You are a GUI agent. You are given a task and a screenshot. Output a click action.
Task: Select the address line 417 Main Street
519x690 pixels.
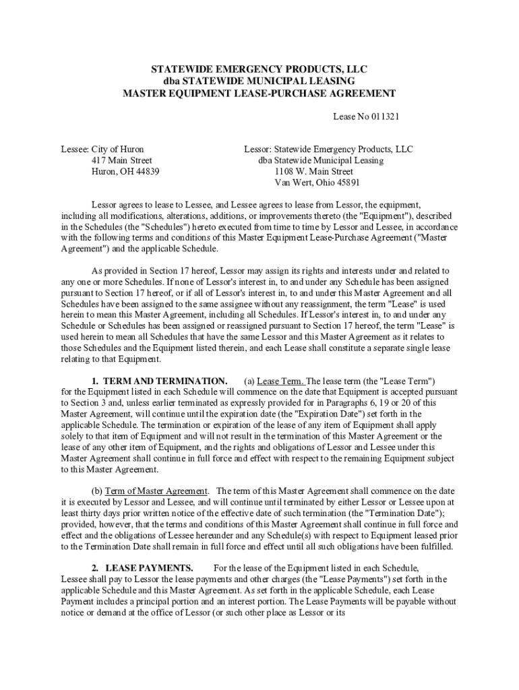(122, 160)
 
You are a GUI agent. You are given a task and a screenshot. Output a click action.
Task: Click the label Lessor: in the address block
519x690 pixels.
(257, 149)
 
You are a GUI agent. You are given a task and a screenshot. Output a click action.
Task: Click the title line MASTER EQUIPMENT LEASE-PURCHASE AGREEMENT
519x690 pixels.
(259, 93)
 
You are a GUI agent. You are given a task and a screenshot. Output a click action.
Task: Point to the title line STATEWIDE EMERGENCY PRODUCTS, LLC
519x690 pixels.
(259, 69)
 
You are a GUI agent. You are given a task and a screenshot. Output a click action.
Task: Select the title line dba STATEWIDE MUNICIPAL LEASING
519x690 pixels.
(259, 81)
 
